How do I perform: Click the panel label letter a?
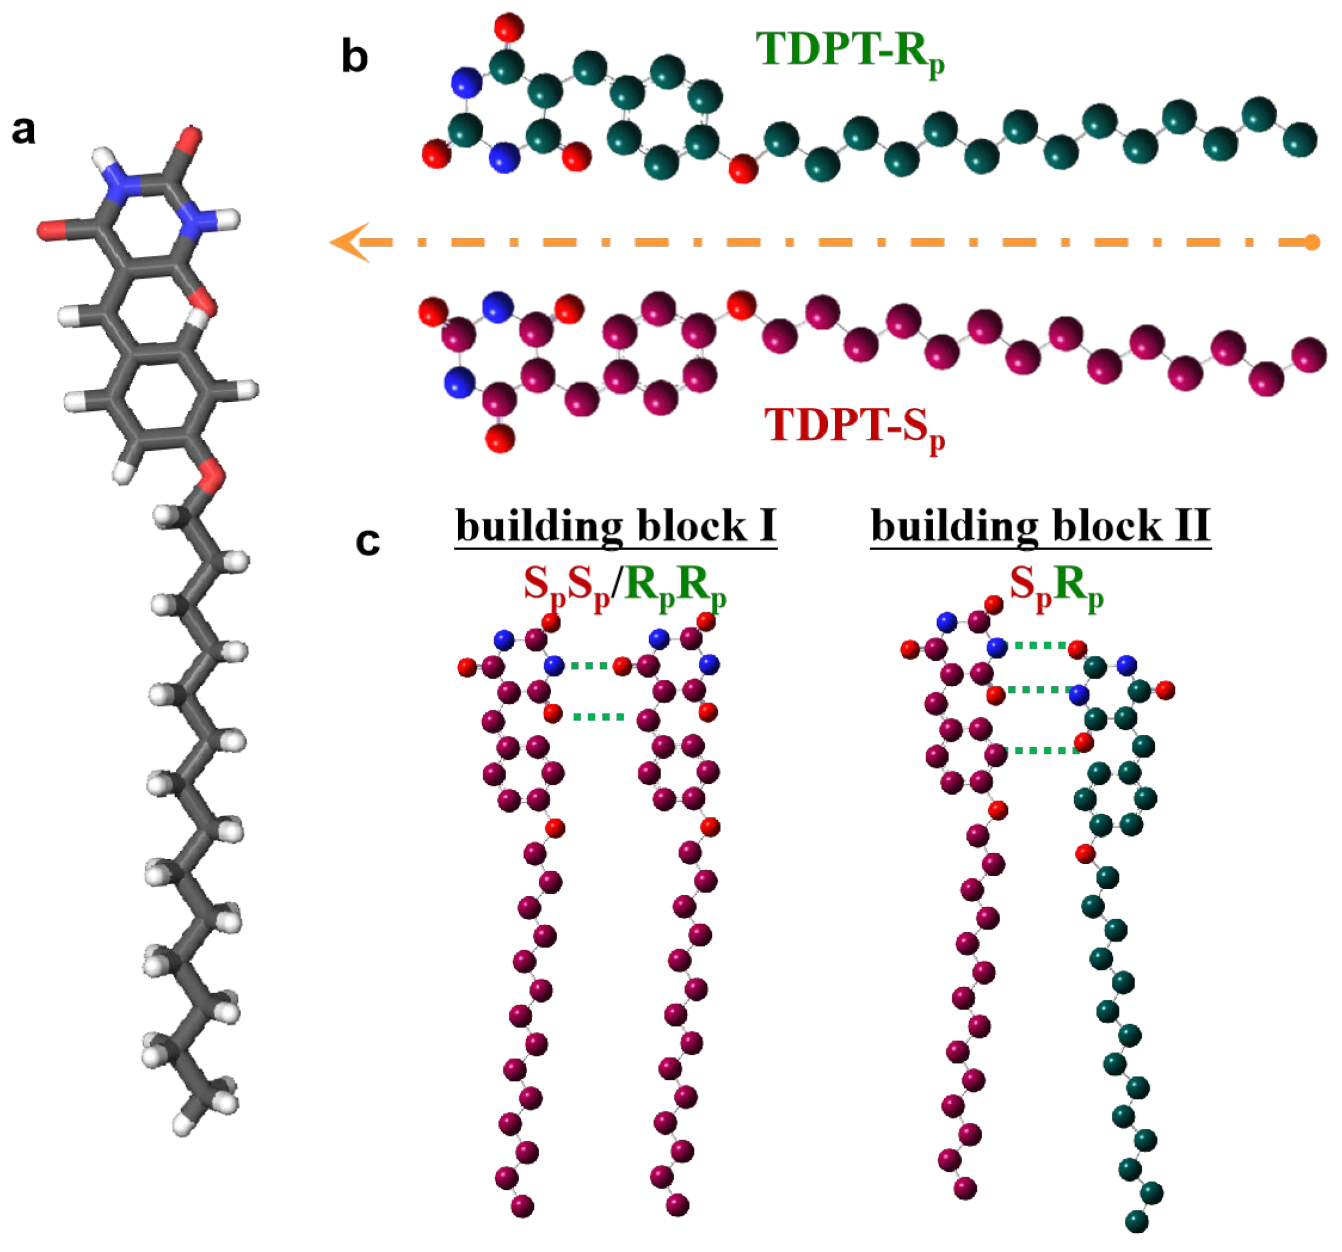pyautogui.click(x=25, y=130)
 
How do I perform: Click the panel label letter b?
pyautogui.click(x=355, y=57)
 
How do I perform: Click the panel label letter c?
pyautogui.click(x=368, y=541)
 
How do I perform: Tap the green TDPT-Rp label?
pyautogui.click(x=850, y=51)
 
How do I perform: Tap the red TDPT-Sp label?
pyautogui.click(x=854, y=427)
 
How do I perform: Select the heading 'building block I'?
pyautogui.click(x=616, y=526)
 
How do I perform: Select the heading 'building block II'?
pyautogui.click(x=1040, y=526)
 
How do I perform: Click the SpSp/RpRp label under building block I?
pyautogui.click(x=625, y=585)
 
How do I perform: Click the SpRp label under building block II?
pyautogui.click(x=1056, y=585)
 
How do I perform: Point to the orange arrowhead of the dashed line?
pyautogui.click(x=348, y=242)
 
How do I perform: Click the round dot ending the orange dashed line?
pyautogui.click(x=1311, y=242)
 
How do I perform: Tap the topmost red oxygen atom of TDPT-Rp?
pyautogui.click(x=508, y=28)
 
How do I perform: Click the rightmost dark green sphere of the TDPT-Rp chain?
pyautogui.click(x=1300, y=140)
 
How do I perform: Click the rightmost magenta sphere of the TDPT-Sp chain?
pyautogui.click(x=1309, y=355)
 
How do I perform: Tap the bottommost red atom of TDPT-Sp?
pyautogui.click(x=500, y=439)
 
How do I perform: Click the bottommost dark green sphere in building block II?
pyautogui.click(x=1138, y=1221)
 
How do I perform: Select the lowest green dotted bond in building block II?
pyautogui.click(x=1041, y=750)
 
